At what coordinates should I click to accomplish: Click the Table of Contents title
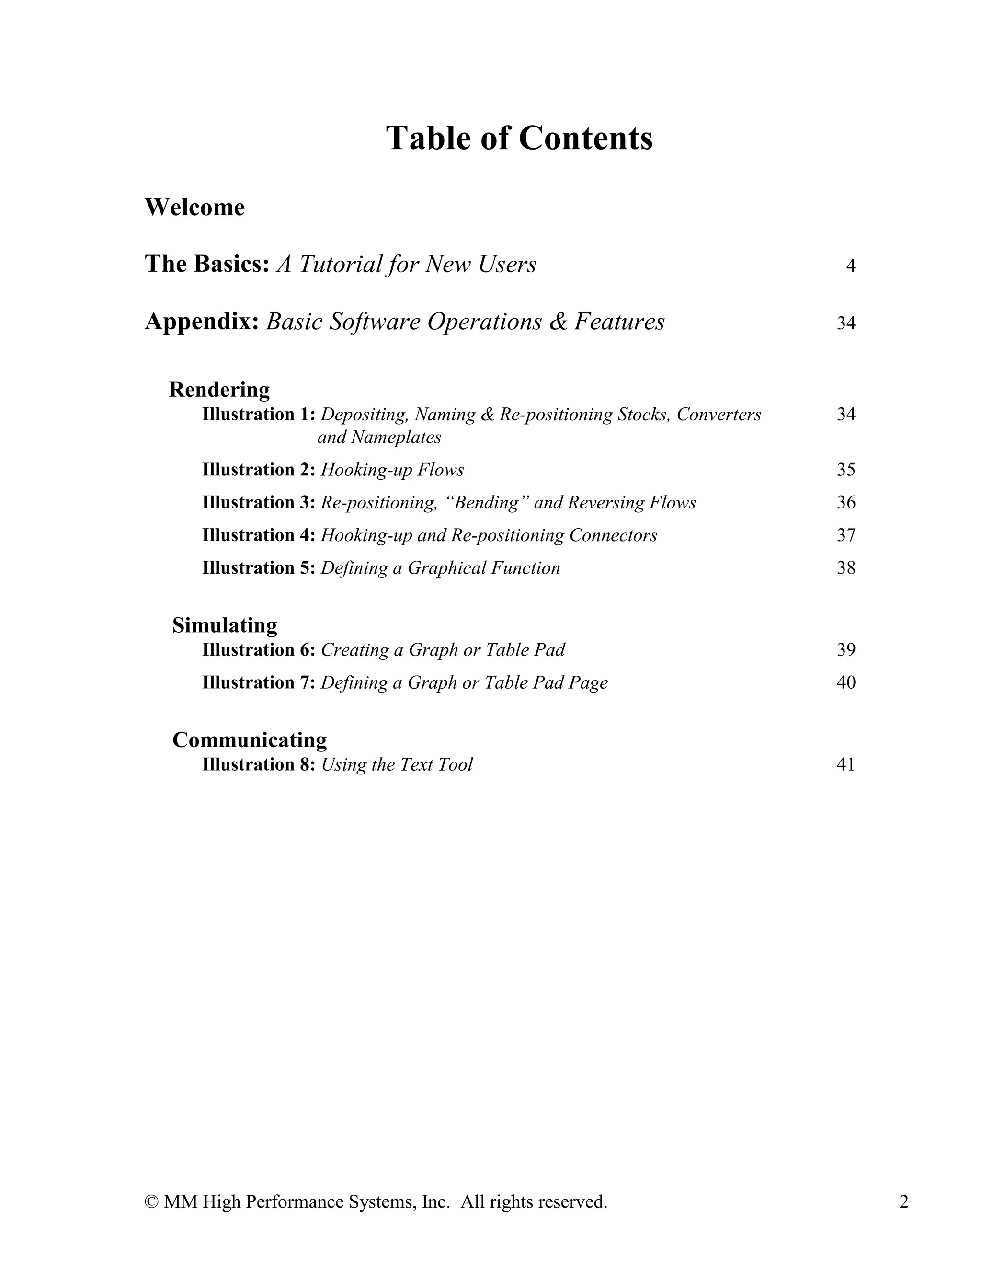tap(519, 139)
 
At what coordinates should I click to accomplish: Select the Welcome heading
tap(194, 208)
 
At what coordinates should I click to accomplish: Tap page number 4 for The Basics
tap(850, 266)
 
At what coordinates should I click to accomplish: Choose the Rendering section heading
tap(219, 390)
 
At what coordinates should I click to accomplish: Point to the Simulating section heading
tap(224, 625)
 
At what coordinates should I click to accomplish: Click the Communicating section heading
tap(249, 739)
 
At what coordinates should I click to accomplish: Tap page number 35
tap(845, 470)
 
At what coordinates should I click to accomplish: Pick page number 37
tap(845, 535)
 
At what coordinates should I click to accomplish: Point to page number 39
tap(845, 649)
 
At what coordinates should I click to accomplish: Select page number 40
tap(845, 682)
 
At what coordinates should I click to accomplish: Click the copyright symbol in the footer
tap(152, 1202)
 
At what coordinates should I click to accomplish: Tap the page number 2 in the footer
tap(904, 1202)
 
